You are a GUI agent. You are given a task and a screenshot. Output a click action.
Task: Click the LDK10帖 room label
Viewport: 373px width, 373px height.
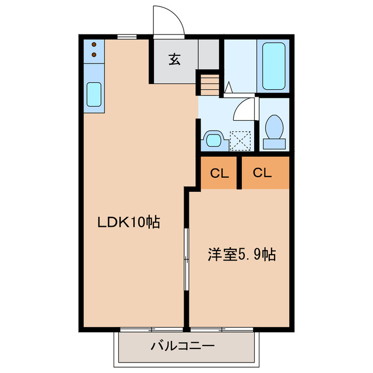128,222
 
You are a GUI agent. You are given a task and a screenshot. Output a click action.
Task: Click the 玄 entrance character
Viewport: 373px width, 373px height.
174,59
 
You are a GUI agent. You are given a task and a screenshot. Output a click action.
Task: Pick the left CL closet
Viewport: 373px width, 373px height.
219,173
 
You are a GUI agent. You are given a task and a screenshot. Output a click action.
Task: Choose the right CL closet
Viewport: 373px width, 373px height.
263,173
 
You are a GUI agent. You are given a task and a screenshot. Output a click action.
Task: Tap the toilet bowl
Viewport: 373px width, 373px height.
273,126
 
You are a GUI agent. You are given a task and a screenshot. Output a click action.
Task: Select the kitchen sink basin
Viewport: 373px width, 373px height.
94,94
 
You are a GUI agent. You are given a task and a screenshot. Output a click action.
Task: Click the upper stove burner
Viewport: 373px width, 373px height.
94,44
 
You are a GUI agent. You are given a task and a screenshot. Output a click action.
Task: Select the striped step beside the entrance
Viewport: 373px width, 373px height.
208,83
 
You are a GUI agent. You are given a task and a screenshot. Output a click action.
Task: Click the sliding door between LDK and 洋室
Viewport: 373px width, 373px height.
186,259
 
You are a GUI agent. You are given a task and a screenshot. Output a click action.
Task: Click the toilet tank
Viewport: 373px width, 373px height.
273,142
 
